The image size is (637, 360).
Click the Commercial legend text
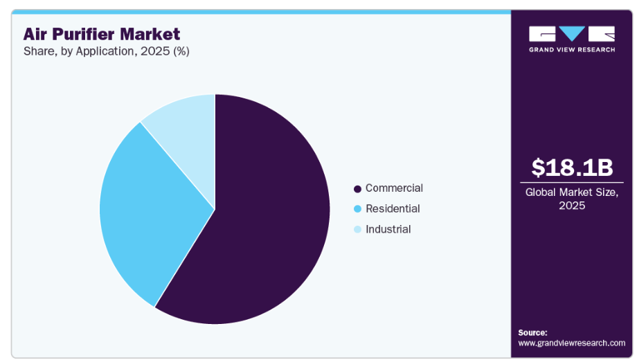pyautogui.click(x=394, y=188)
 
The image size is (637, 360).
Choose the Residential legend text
pyautogui.click(x=393, y=208)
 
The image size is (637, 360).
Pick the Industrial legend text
pyautogui.click(x=388, y=229)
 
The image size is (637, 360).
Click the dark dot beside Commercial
pyautogui.click(x=357, y=189)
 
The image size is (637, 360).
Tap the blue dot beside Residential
pyautogui.click(x=357, y=209)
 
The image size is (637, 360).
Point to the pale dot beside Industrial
pyautogui.click(x=357, y=230)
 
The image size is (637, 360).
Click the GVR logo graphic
pyautogui.click(x=572, y=34)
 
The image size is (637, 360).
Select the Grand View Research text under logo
pyautogui.click(x=572, y=50)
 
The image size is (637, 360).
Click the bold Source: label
pyautogui.click(x=532, y=332)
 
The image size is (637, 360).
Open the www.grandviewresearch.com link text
pyautogui.click(x=571, y=343)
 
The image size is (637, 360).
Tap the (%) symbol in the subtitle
pyautogui.click(x=180, y=51)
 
